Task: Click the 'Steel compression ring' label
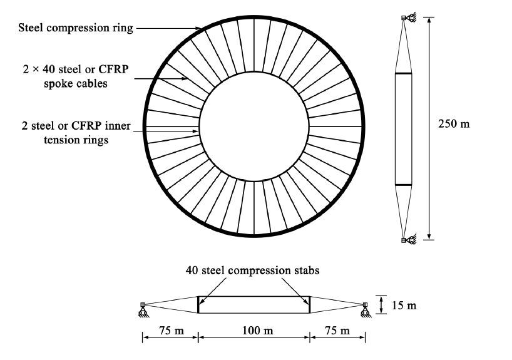point(75,28)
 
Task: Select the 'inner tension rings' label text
point(73,132)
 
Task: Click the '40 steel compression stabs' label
point(253,270)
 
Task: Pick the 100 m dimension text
point(254,331)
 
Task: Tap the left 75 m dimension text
point(170,331)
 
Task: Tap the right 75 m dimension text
point(338,331)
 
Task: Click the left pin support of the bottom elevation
point(143,307)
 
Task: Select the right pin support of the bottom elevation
point(365,307)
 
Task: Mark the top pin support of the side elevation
point(406,20)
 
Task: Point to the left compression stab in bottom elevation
point(198,304)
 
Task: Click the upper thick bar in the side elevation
point(404,74)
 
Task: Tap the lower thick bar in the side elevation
point(404,185)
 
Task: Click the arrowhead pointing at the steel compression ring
point(202,29)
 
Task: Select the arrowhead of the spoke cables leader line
point(187,78)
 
